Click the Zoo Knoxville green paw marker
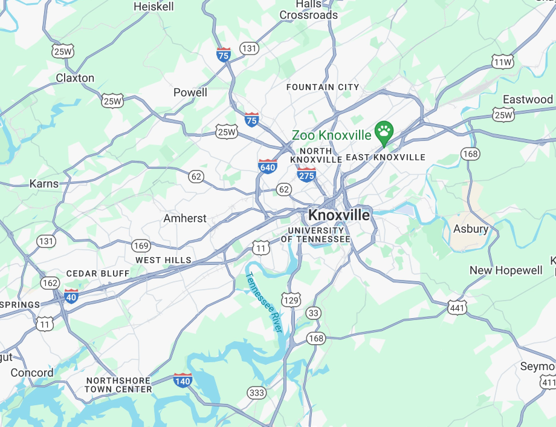(384, 131)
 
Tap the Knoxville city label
(339, 215)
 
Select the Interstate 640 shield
(268, 167)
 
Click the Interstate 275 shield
(306, 175)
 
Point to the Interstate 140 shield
(183, 380)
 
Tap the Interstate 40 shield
(71, 296)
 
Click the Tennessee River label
(263, 302)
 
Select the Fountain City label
(323, 87)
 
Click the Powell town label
(190, 93)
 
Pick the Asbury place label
(471, 229)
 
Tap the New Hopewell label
(506, 270)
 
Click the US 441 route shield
(457, 308)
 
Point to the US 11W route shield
(503, 62)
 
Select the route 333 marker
(256, 393)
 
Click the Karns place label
(44, 184)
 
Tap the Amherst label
(185, 218)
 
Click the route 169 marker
(141, 246)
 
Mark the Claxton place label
(75, 78)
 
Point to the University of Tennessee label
(319, 235)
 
